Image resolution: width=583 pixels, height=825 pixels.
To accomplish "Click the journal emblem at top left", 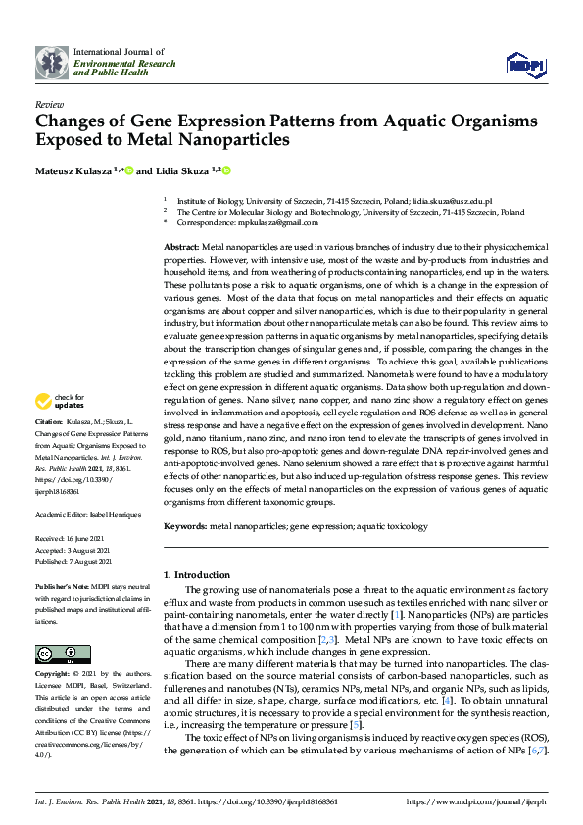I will (52, 61).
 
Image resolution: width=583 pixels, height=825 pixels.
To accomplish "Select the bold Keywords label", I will (184, 525).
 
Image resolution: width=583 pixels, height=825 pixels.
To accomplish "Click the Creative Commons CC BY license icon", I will (63, 654).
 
